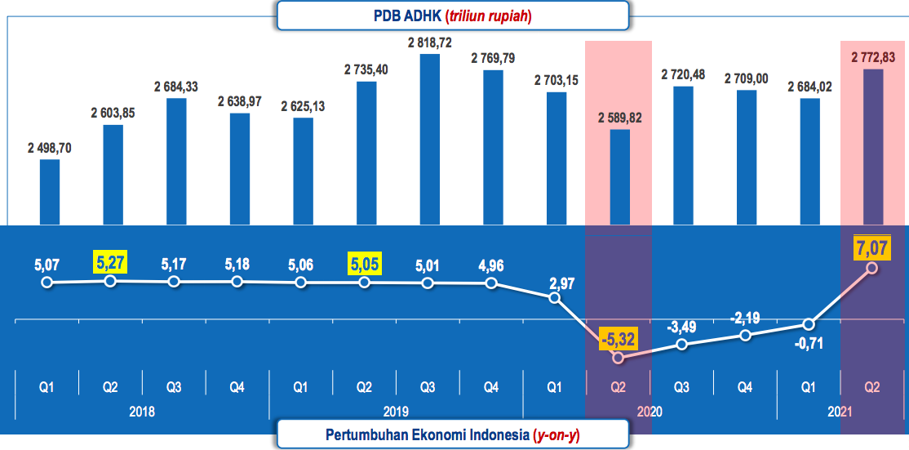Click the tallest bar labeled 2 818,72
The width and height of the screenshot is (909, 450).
click(428, 139)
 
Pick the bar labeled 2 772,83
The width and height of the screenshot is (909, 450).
click(872, 147)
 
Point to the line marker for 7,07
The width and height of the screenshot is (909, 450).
click(872, 267)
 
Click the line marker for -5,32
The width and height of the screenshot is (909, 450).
click(618, 358)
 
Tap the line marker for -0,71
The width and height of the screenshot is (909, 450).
click(809, 324)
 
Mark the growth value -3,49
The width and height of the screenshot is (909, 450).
click(682, 327)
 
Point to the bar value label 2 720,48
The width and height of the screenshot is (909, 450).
click(683, 75)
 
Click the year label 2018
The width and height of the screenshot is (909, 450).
click(142, 412)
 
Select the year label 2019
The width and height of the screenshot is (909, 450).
click(396, 412)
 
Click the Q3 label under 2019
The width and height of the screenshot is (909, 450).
click(428, 386)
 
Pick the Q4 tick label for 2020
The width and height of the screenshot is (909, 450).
click(746, 386)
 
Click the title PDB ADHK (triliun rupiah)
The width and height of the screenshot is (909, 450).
click(452, 16)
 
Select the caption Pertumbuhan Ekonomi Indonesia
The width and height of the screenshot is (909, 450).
click(452, 434)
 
